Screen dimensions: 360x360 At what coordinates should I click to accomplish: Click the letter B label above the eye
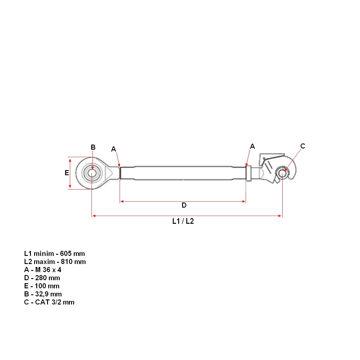click(x=93, y=147)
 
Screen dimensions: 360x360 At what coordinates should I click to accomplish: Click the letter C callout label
click(x=303, y=146)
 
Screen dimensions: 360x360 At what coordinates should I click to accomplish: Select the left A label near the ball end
click(x=113, y=149)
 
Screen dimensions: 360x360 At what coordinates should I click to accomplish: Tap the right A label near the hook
click(x=252, y=146)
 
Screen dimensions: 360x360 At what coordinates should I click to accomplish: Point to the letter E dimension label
click(x=67, y=173)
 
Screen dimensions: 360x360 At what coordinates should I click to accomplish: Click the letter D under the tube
click(x=184, y=205)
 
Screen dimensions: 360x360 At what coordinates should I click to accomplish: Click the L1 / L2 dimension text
click(x=183, y=221)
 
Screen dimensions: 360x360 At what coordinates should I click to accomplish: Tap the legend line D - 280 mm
click(x=42, y=278)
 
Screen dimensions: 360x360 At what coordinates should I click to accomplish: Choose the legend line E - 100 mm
click(x=42, y=286)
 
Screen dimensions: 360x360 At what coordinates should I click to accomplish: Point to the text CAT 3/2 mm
click(x=55, y=302)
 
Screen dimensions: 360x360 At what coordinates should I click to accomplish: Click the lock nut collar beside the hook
click(x=248, y=173)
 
